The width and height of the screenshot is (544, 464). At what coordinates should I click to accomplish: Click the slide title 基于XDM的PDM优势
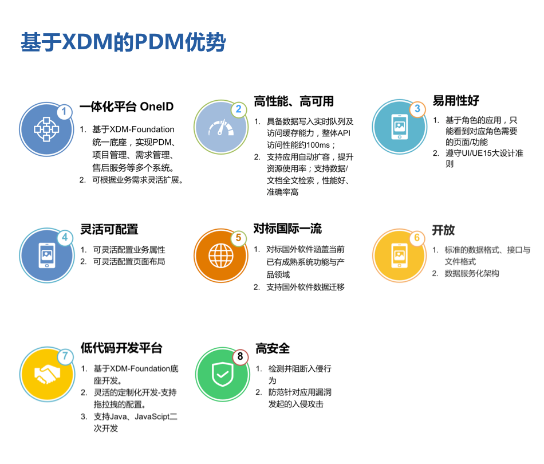click(123, 44)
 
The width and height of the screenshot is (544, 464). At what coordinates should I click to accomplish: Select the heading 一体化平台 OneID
click(127, 107)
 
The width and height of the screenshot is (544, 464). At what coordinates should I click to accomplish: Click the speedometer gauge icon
click(221, 128)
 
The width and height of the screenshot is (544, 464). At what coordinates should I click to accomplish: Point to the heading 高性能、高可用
click(294, 101)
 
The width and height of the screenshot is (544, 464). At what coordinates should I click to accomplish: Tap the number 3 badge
click(417, 109)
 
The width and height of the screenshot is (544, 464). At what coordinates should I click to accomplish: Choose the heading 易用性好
click(456, 101)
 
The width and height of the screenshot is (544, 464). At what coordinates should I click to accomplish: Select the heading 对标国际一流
click(287, 229)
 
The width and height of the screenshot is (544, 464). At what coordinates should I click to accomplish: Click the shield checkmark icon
click(221, 375)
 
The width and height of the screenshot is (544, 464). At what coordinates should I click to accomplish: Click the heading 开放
click(443, 230)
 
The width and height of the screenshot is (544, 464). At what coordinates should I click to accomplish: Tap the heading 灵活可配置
click(109, 229)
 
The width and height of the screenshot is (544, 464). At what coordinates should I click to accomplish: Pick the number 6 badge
click(417, 238)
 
